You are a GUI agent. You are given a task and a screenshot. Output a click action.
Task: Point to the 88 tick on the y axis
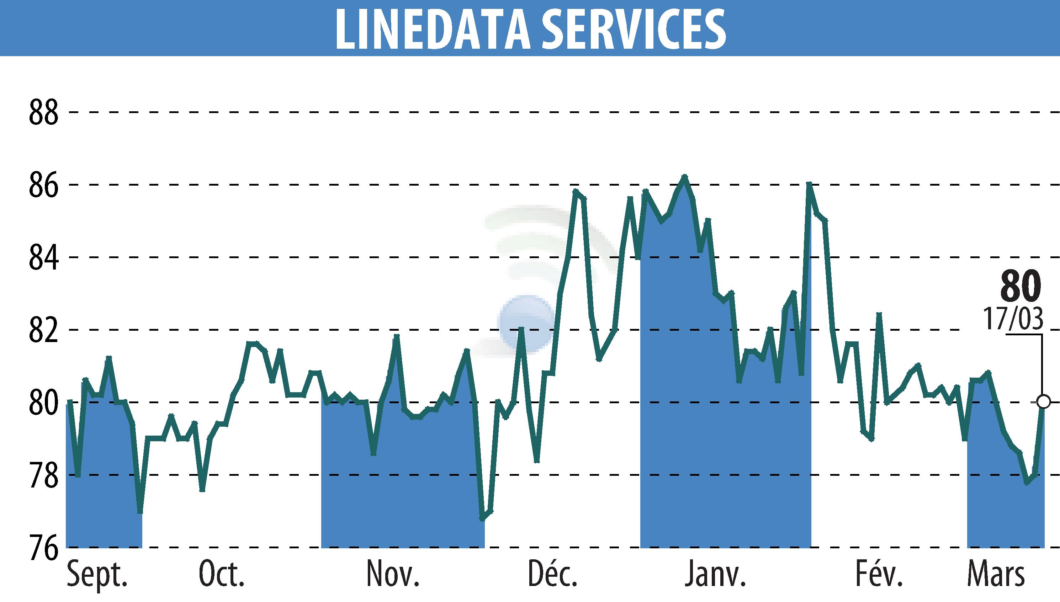pyautogui.click(x=43, y=113)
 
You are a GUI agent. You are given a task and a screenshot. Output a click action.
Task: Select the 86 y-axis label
pyautogui.click(x=43, y=185)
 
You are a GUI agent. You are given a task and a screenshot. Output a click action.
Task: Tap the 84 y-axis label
pyautogui.click(x=43, y=258)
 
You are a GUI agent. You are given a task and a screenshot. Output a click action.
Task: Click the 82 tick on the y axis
pyautogui.click(x=43, y=330)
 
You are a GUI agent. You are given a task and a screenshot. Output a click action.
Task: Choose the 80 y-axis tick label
pyautogui.click(x=43, y=403)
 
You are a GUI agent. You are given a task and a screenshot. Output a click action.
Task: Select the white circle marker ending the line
pyautogui.click(x=1043, y=401)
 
